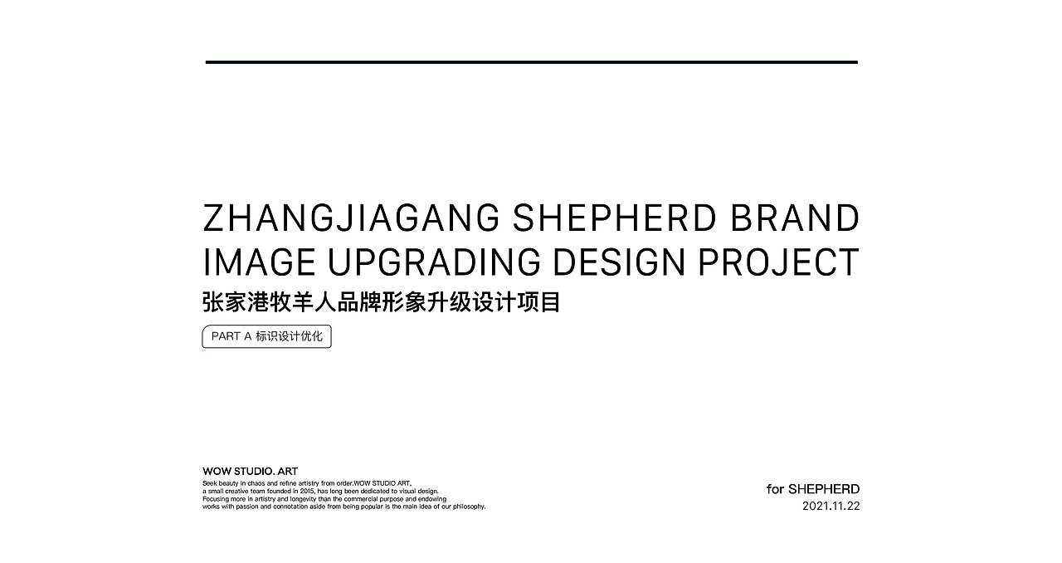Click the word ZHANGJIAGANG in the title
351,218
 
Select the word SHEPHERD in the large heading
614,218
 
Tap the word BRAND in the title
795,218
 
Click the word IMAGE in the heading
260,262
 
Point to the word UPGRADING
434,262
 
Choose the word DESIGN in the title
619,262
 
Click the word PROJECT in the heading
778,262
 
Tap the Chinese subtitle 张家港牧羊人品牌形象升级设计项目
382,302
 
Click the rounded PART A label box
267,336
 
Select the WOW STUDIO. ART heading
251,472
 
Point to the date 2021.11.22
831,506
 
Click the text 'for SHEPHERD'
813,489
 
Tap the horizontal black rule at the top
532,62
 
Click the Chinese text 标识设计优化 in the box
290,336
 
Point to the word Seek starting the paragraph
210,484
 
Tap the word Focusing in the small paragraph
216,499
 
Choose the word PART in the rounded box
226,336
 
